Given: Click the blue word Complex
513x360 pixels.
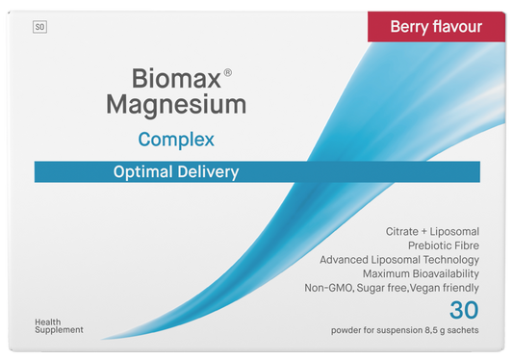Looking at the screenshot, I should click(176, 140).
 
